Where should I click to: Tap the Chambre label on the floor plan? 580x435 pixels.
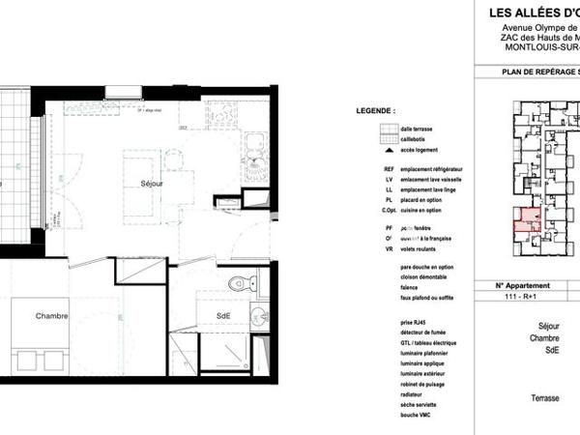(x=52, y=316)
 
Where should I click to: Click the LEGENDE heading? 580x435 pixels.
(x=376, y=112)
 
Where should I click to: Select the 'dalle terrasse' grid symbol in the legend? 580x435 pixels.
(x=390, y=129)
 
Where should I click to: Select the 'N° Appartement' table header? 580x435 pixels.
(x=522, y=286)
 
